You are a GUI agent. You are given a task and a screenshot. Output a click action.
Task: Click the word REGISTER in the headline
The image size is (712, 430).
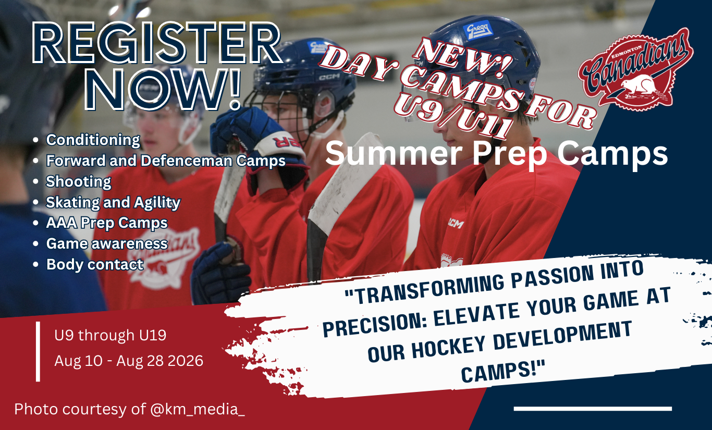coord(157,43)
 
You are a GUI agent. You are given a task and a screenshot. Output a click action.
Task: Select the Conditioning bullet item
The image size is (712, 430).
coord(93,140)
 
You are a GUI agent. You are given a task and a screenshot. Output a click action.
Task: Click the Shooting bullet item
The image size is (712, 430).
coord(79,182)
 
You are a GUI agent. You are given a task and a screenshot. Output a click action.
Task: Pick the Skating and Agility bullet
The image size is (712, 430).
coord(113,202)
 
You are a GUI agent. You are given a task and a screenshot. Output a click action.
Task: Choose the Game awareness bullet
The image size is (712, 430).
coord(107,244)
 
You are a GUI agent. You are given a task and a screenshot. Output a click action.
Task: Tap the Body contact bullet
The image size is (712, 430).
coord(95,264)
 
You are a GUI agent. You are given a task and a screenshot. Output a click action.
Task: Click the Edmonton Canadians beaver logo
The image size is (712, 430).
coord(636,69)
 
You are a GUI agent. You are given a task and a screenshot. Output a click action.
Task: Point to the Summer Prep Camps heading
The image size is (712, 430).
coord(497,154)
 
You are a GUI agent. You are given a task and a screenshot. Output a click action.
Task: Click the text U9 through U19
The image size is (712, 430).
coord(111,335)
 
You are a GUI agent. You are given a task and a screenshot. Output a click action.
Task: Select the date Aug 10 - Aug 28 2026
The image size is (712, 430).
coord(129,361)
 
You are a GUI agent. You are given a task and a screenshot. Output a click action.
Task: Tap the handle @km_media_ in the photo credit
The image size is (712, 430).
coord(198,409)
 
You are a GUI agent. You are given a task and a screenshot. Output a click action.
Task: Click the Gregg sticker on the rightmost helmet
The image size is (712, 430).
coord(478,31)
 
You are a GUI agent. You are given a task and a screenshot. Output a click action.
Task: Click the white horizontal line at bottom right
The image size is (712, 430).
coord(593,409)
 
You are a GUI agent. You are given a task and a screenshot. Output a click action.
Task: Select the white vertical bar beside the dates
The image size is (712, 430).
coord(38,351)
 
